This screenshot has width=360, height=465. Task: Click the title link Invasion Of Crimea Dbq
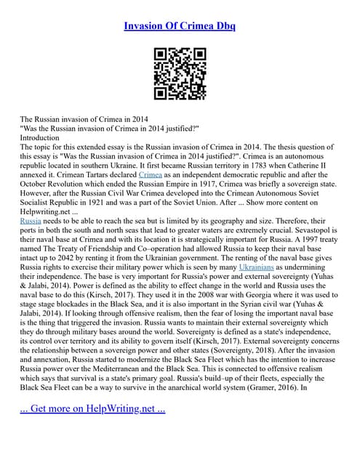click(180, 26)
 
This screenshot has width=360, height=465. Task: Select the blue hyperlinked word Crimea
click(150, 174)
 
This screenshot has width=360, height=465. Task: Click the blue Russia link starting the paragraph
click(31, 218)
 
